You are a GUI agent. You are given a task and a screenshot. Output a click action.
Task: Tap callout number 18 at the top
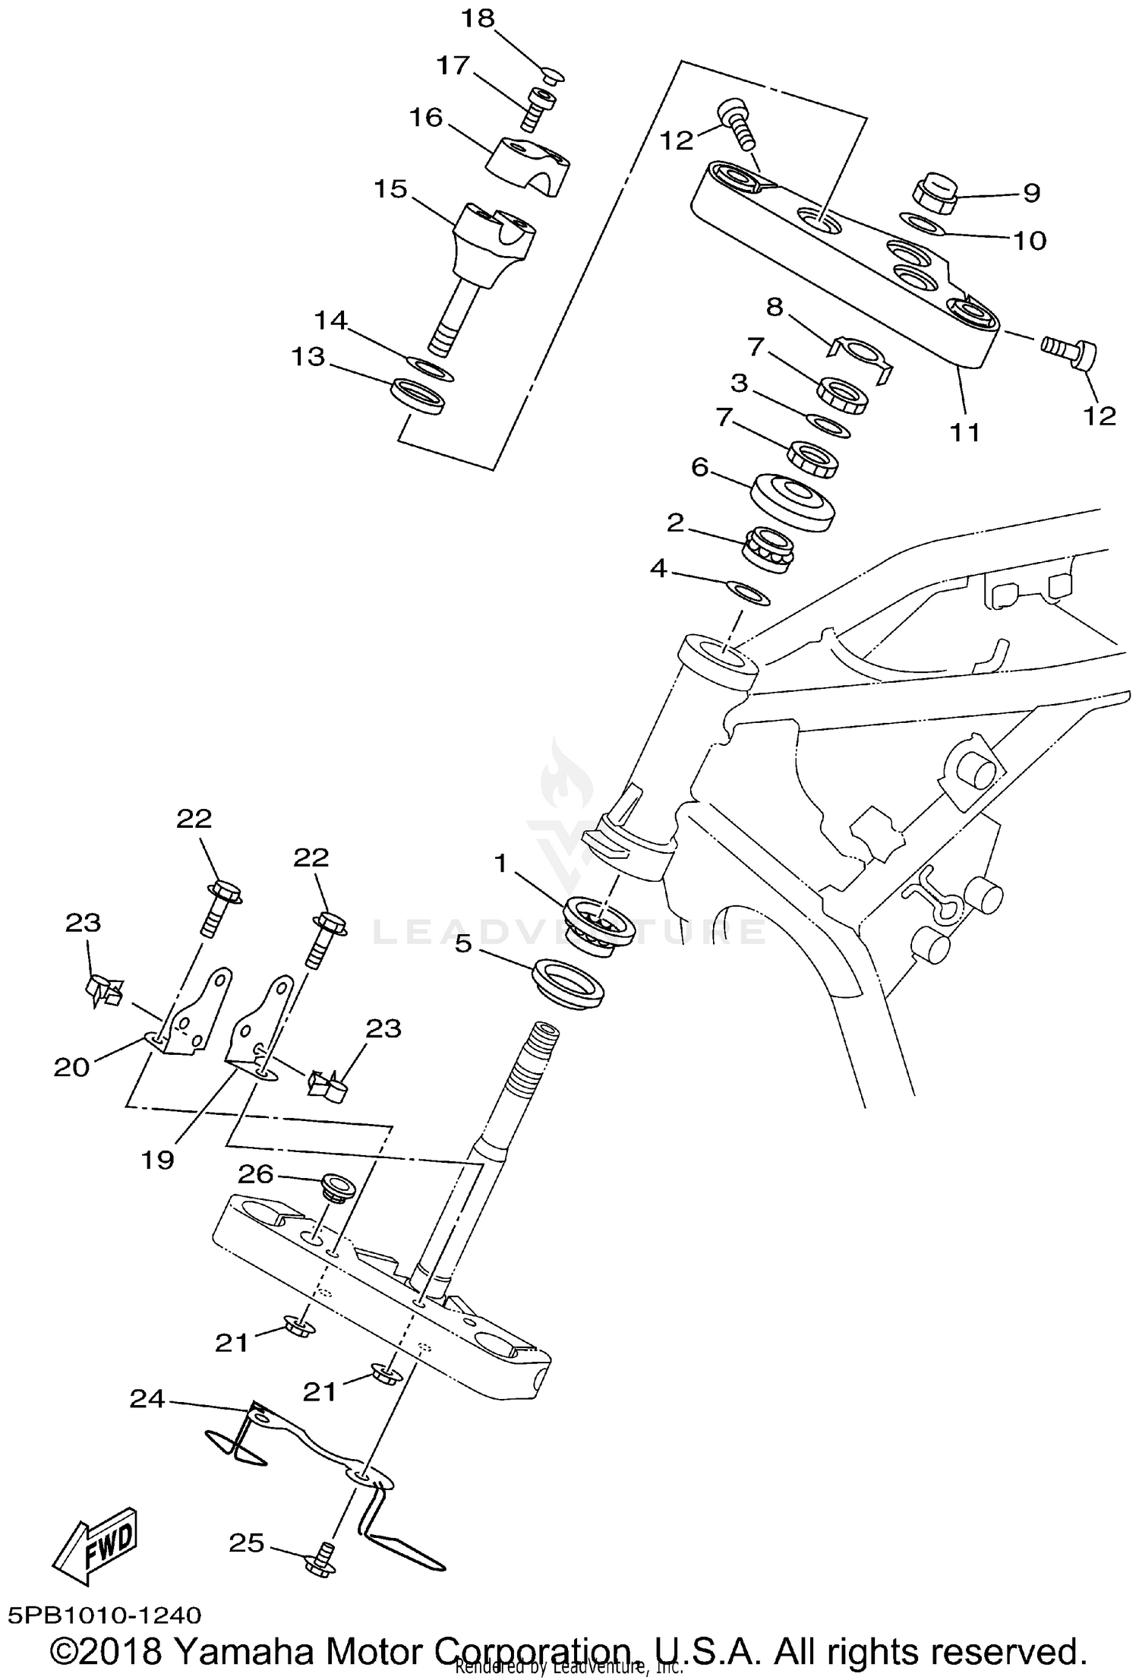(478, 18)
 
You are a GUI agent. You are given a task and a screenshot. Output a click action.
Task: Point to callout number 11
(965, 432)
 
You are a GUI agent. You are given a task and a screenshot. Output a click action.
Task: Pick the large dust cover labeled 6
(792, 501)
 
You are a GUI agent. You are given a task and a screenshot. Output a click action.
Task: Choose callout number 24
(147, 1398)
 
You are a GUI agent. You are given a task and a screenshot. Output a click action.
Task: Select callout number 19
(158, 1159)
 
